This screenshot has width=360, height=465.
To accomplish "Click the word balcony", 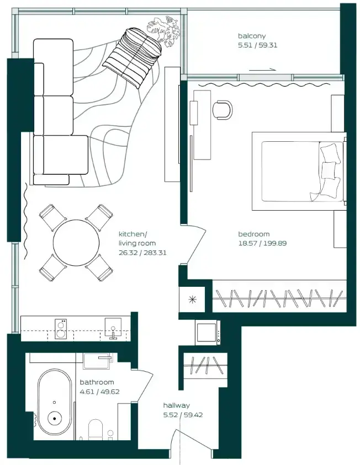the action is click(252, 36).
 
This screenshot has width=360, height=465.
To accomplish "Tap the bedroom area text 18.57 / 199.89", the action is click(262, 243).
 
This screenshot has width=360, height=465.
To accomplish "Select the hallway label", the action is click(176, 405).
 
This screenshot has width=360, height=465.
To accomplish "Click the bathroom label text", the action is click(97, 382).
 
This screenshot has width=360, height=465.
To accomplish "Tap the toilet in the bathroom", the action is click(96, 429).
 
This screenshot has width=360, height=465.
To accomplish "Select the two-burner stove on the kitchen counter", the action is click(61, 329).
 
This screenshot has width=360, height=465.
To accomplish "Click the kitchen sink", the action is click(113, 328).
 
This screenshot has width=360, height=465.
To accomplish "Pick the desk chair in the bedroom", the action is click(223, 110).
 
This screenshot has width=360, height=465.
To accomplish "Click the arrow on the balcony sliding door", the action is click(262, 70).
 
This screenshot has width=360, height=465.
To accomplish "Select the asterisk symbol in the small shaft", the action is click(192, 300).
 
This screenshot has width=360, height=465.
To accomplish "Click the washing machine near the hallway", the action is click(208, 332).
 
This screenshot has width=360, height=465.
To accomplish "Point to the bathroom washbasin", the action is click(98, 361).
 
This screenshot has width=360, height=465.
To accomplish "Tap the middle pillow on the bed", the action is click(329, 170).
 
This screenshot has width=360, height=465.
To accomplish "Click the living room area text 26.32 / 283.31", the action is click(142, 253).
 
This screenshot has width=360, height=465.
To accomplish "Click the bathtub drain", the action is click(55, 419).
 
